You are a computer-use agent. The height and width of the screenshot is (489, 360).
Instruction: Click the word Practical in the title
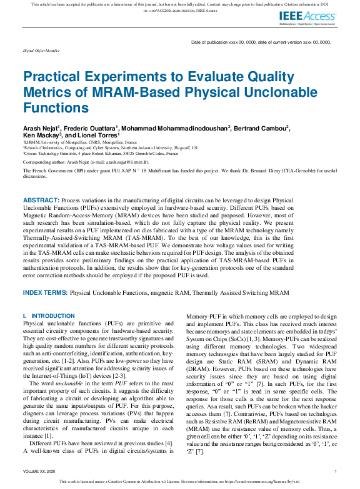point(53,77)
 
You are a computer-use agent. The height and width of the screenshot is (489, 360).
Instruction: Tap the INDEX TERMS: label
point(46,292)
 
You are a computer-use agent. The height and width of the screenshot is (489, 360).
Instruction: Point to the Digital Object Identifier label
point(41,49)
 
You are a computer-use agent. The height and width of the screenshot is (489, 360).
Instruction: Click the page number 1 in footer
point(336,471)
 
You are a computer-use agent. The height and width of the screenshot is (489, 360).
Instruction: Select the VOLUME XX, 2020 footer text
point(42,471)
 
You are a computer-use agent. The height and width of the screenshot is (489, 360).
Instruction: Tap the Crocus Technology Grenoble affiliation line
point(89,152)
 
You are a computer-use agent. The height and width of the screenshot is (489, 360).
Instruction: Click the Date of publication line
point(260,42)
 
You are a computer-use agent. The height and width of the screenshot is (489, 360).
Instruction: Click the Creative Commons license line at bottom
point(179,482)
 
